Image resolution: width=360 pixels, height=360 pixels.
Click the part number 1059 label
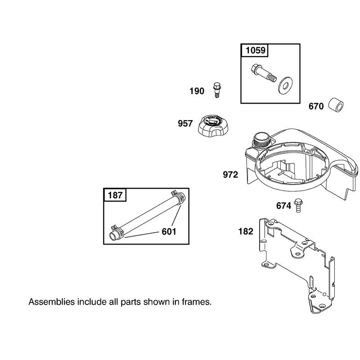[x=255, y=50]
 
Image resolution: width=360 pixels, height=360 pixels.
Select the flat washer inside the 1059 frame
[x=285, y=86]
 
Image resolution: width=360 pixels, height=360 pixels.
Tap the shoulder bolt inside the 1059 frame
[x=263, y=73]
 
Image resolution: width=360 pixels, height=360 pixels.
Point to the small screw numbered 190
[x=216, y=90]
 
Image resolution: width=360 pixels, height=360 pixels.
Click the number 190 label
[x=197, y=91]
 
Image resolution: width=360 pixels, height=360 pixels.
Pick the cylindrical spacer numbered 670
[x=335, y=106]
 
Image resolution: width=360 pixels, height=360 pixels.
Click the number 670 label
[x=316, y=106]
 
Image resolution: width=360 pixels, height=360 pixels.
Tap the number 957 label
[x=185, y=123]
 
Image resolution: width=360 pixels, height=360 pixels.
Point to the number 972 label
[x=230, y=175]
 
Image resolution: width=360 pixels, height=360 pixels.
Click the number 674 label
[x=283, y=206]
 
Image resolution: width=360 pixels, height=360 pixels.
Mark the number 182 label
[x=246, y=231]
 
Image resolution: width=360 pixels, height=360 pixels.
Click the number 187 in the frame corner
[x=115, y=195]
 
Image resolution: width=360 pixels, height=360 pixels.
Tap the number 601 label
[x=169, y=232]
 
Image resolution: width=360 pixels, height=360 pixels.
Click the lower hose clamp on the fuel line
[x=117, y=232]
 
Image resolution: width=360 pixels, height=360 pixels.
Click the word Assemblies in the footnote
[x=52, y=302]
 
